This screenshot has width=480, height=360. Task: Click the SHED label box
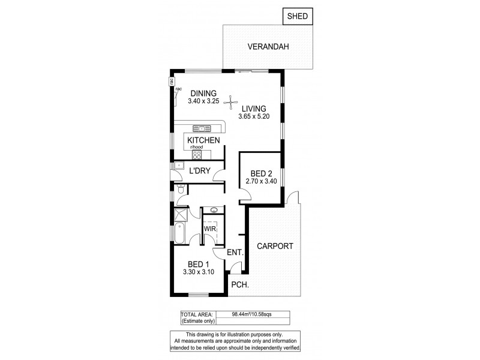tap(298, 16)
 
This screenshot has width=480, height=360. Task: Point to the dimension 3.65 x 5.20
tap(259, 116)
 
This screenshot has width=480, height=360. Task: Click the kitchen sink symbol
tap(200, 128)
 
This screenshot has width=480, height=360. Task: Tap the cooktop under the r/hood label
tap(196, 154)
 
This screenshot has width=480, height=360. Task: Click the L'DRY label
tap(199, 171)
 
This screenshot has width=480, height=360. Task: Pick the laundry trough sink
tap(179, 166)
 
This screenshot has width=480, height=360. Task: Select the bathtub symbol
tap(180, 232)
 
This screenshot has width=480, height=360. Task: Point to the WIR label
tap(209, 229)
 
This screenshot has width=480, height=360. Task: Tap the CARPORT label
tap(275, 246)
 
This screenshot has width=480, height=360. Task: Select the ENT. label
tap(235, 254)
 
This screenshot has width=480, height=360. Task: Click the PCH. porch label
tap(240, 286)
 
